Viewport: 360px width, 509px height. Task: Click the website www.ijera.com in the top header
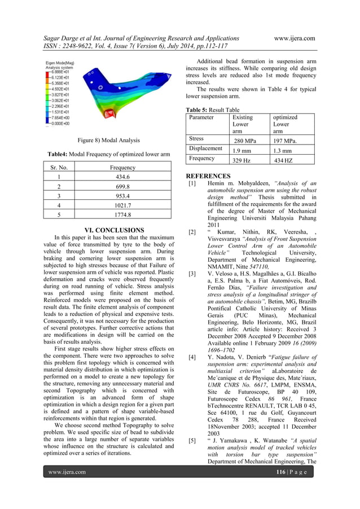click(294, 38)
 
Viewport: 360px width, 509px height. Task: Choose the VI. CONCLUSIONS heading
click(113, 230)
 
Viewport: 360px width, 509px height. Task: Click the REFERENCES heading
click(208, 176)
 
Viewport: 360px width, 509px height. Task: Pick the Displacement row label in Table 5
click(205, 148)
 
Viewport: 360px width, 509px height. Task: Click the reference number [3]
click(192, 273)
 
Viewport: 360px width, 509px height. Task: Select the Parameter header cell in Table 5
click(201, 117)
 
